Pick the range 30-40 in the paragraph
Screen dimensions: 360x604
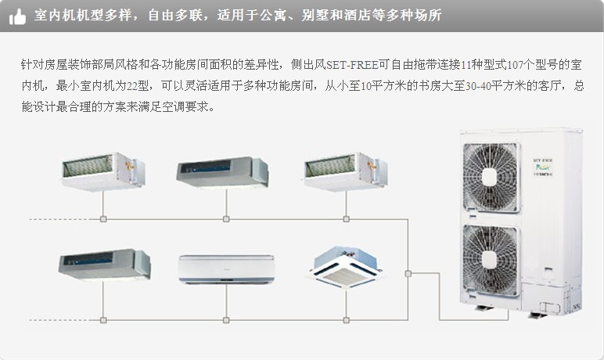(x=478, y=86)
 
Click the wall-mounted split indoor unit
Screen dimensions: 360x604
(x=226, y=268)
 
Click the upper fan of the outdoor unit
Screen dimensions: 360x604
(x=491, y=172)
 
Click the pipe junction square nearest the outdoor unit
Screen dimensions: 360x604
(x=408, y=273)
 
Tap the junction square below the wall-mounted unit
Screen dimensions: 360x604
(x=226, y=319)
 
